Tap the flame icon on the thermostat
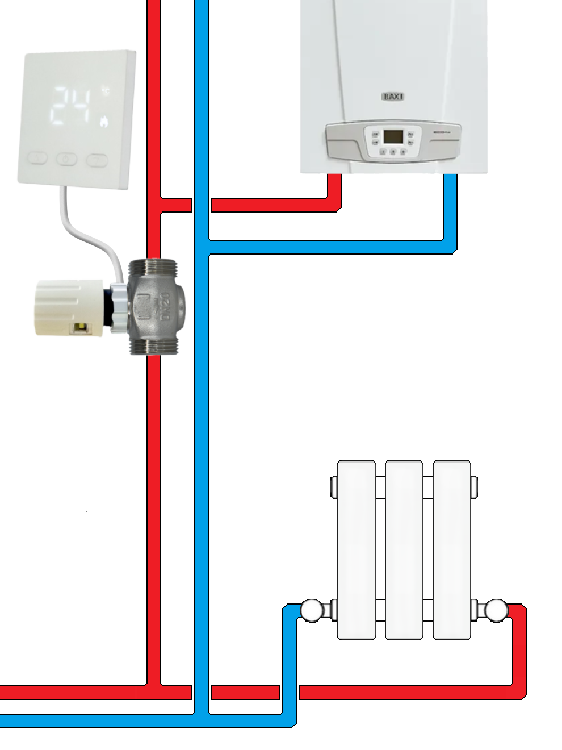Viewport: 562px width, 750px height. tap(104, 120)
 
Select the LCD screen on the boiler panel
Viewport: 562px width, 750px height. tap(393, 136)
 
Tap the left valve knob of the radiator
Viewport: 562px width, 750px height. tap(311, 611)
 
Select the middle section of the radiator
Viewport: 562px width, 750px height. tap(404, 548)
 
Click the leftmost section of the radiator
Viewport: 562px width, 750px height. tap(356, 548)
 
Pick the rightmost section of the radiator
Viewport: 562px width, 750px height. tap(451, 548)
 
